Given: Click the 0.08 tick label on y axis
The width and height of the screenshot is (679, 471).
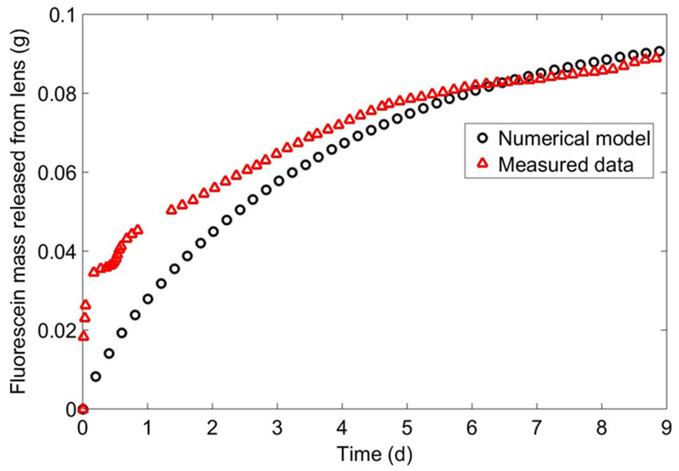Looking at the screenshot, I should tap(56, 94).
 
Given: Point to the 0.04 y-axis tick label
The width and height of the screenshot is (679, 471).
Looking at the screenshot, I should tap(56, 251).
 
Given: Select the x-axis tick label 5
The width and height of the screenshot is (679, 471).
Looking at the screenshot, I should tap(407, 428).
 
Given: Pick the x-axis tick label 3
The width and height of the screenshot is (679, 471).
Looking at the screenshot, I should tap(277, 428).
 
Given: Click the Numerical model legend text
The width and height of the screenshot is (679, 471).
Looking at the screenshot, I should tap(574, 138).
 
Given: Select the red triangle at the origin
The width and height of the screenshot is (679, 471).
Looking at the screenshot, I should tap(83, 409).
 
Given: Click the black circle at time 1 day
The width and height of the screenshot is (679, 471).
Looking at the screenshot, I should tap(148, 299).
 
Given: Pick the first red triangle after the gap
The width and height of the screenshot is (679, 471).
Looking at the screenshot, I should tap(171, 210).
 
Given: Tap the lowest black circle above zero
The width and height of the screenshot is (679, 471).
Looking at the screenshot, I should tap(96, 377).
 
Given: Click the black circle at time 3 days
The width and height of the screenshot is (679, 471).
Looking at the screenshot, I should tap(279, 181).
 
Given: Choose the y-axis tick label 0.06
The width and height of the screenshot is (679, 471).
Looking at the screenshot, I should tap(56, 173).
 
